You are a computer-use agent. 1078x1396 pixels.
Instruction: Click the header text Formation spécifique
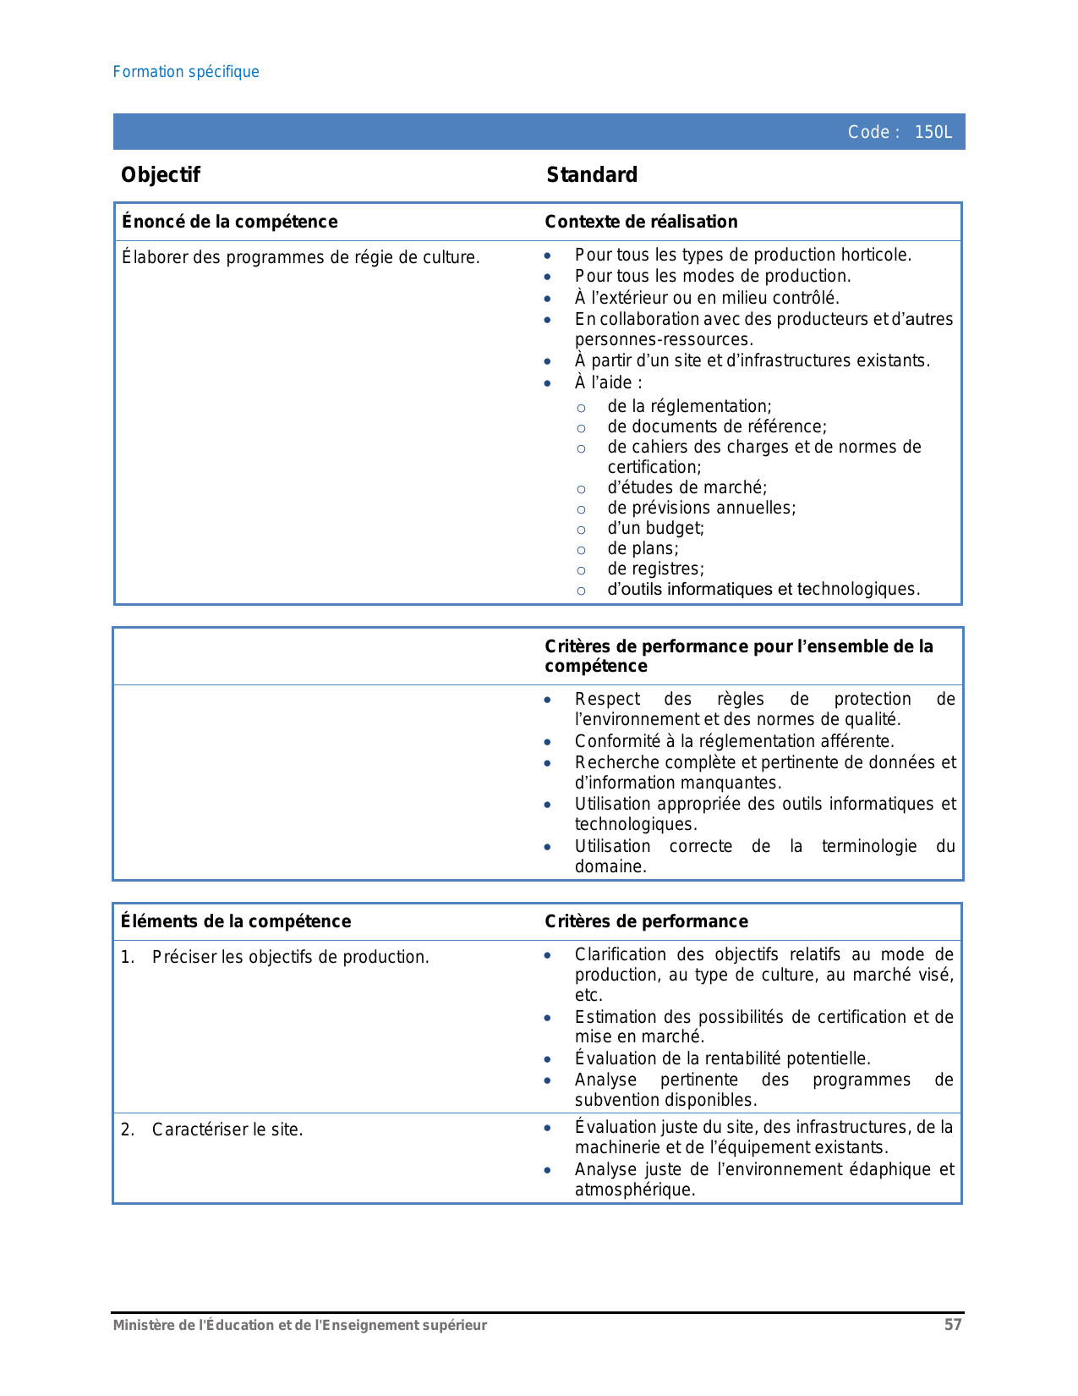pos(186,72)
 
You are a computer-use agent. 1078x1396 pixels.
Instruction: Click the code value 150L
pos(933,132)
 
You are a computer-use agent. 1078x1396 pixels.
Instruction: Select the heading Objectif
pos(161,175)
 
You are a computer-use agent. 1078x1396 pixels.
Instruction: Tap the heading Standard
pos(592,175)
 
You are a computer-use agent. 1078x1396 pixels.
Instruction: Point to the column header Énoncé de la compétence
pos(229,222)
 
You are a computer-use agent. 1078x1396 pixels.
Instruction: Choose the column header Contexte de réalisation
pos(641,222)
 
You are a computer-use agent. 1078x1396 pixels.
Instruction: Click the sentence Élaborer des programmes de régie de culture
pos(301,257)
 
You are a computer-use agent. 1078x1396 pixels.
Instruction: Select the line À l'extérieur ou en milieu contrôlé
pos(707,298)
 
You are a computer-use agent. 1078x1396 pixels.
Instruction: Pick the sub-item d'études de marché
pos(687,487)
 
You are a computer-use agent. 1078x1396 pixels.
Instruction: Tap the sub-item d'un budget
pos(655,528)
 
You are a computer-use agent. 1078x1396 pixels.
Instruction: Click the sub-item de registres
pos(655,569)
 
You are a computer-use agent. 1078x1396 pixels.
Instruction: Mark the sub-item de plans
pos(643,548)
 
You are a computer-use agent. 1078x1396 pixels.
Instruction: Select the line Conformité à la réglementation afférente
pos(734,741)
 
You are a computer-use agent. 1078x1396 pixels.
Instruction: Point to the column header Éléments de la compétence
pos(236,921)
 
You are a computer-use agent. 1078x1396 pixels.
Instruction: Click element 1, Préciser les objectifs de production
pos(290,957)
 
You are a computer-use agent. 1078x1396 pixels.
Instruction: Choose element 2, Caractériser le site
pos(227,1129)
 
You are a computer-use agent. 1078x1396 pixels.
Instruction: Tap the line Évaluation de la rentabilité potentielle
pos(722,1058)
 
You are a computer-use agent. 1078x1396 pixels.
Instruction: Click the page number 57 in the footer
pos(953,1325)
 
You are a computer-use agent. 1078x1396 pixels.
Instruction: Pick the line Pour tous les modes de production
pos(713,276)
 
